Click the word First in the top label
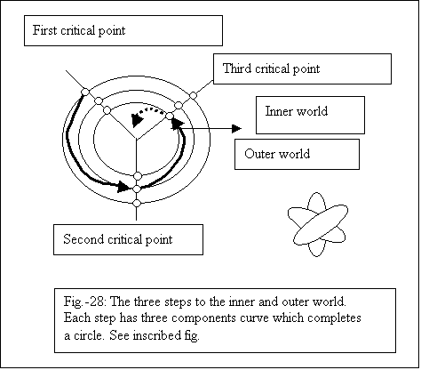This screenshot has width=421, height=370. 44,30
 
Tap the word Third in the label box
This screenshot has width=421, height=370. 237,68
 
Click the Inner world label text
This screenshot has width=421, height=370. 297,111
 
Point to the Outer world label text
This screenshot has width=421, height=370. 277,154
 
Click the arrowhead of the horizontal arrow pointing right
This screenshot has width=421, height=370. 236,128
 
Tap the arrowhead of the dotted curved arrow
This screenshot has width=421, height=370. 137,120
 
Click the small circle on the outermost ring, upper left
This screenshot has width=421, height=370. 85,92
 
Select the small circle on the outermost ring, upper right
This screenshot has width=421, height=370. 193,95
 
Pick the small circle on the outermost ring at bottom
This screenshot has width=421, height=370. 137,203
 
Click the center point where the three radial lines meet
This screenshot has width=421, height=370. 136,139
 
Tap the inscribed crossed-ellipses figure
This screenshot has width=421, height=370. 318,224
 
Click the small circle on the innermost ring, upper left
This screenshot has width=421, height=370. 107,110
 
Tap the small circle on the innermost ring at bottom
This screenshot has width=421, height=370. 138,176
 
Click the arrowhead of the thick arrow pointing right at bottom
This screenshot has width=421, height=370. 123,187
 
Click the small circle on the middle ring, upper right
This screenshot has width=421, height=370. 179,105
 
